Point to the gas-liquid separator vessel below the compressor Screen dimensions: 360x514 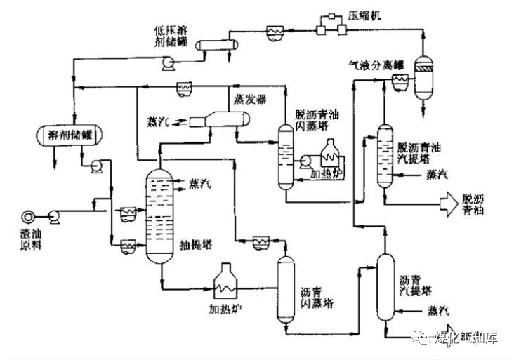click(424, 77)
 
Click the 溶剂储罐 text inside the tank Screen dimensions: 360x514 click(71, 133)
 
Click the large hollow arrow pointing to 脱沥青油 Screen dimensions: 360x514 click(447, 204)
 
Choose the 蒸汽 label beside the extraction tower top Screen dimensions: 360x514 click(201, 183)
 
